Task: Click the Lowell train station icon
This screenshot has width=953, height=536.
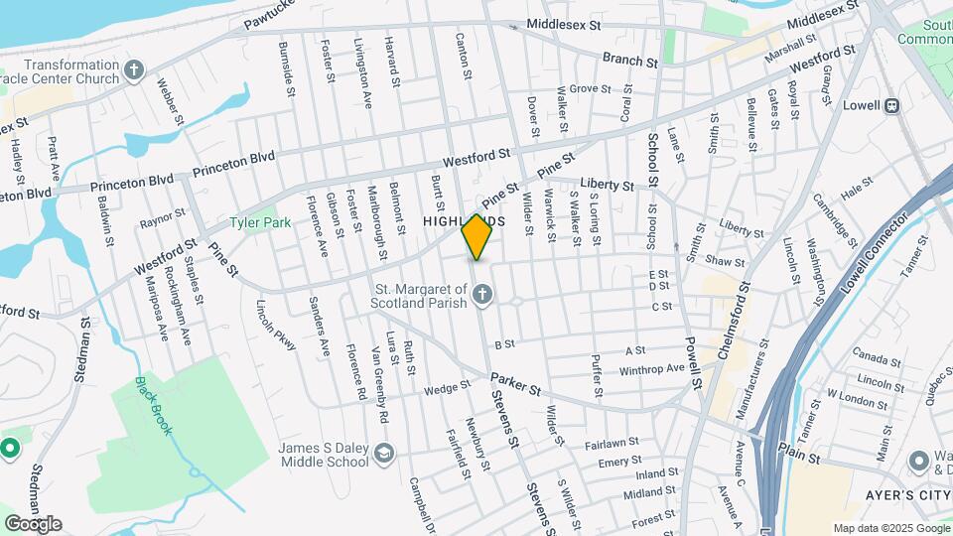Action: click(x=892, y=105)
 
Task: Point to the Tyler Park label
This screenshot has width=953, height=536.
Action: click(x=261, y=222)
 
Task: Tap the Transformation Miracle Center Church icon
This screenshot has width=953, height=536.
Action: click(x=135, y=69)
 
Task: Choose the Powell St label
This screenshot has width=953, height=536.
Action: click(x=693, y=361)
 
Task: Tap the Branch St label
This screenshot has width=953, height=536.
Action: click(x=630, y=61)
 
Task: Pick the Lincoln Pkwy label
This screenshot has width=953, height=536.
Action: click(x=277, y=325)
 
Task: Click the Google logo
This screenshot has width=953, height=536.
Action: click(x=32, y=524)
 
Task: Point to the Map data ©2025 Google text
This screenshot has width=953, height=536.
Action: click(x=890, y=528)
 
